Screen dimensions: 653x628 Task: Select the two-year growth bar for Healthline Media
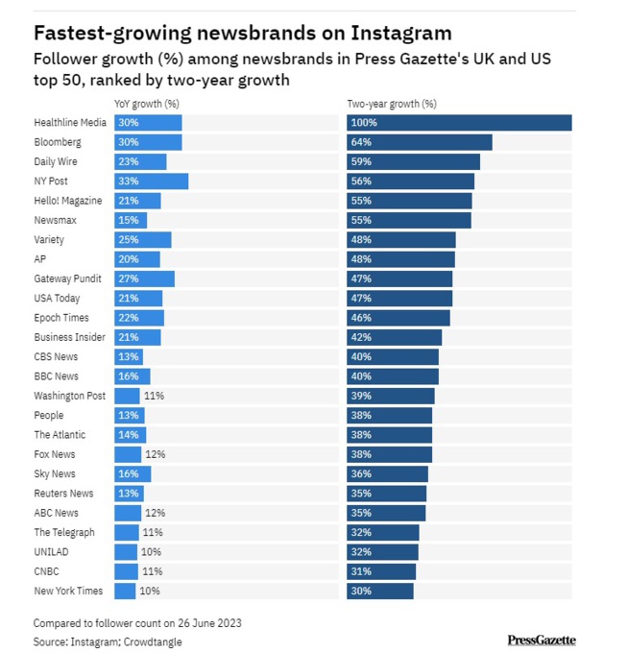[x=459, y=123]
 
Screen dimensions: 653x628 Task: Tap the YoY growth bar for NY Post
[x=151, y=181]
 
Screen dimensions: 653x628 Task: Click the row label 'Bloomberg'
[x=57, y=142]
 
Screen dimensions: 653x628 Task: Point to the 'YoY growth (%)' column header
[x=146, y=104]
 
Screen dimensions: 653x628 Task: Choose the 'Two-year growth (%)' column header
[x=391, y=104]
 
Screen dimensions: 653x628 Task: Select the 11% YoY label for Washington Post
[x=154, y=396]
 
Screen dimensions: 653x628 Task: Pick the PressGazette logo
[x=541, y=641]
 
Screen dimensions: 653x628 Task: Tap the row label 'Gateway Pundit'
[x=67, y=278]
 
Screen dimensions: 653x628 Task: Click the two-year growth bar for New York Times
[x=380, y=591]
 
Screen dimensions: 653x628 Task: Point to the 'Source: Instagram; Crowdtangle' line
[x=108, y=641]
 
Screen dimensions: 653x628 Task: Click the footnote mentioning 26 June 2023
[x=137, y=623]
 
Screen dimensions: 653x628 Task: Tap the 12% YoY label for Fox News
[x=154, y=454]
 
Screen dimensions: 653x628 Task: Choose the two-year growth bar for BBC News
[x=392, y=376]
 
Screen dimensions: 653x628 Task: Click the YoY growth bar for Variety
[x=142, y=240]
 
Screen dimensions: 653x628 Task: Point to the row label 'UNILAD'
[x=51, y=552]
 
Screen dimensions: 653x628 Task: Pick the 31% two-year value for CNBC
[x=361, y=571]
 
